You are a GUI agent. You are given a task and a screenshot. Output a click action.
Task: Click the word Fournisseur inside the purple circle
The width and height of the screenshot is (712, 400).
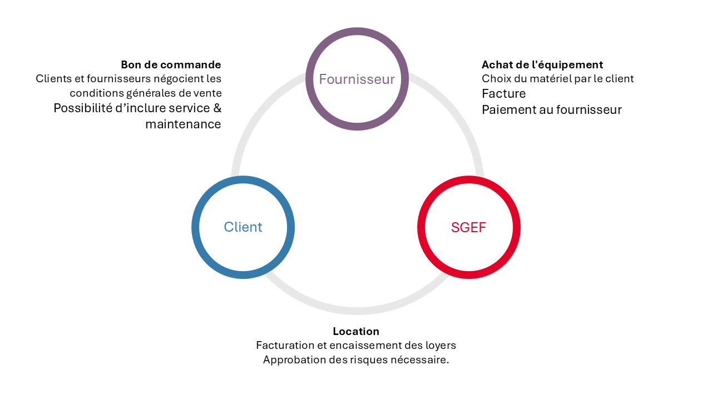[x=357, y=79]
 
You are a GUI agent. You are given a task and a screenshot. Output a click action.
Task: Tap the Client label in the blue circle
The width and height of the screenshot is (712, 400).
[x=243, y=227]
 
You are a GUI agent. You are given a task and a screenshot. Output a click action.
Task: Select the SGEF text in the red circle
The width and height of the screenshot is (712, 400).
[x=468, y=227]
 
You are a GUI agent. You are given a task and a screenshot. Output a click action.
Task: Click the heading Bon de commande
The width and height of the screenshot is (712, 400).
[x=171, y=65]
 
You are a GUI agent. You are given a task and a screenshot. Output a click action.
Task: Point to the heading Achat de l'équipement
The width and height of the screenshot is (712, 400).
[x=542, y=65]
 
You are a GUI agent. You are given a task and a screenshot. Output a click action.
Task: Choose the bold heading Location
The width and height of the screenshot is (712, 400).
[x=356, y=332]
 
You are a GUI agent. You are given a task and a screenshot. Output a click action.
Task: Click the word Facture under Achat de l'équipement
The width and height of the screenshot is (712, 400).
[x=504, y=94]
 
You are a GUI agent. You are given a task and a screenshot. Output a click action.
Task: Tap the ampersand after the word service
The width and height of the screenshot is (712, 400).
[x=217, y=108]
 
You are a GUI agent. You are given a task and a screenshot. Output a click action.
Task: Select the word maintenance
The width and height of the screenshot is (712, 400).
[x=183, y=124]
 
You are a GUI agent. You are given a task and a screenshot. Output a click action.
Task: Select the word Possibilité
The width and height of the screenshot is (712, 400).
[x=83, y=108]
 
